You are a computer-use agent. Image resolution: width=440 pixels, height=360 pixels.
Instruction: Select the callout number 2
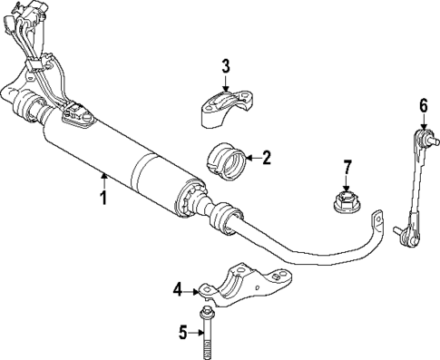click(266, 158)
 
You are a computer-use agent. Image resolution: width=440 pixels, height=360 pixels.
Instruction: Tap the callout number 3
click(226, 65)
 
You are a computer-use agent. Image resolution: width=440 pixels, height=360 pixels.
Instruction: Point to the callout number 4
click(179, 289)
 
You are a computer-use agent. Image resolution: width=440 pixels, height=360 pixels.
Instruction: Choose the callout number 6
click(423, 106)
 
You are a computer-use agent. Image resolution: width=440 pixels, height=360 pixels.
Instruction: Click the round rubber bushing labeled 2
click(228, 162)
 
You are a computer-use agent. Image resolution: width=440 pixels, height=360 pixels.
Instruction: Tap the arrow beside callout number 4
click(194, 289)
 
